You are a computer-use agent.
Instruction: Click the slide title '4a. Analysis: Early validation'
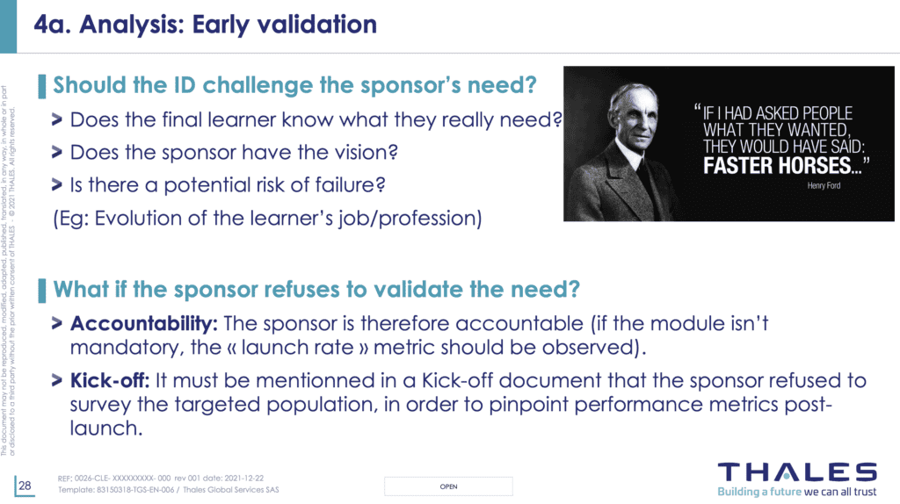click(x=205, y=25)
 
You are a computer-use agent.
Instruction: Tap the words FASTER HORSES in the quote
click(x=777, y=166)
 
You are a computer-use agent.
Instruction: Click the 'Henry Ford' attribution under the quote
click(x=824, y=185)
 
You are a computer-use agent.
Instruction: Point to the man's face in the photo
click(x=634, y=115)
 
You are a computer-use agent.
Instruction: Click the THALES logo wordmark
click(x=797, y=472)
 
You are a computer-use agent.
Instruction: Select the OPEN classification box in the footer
click(x=448, y=486)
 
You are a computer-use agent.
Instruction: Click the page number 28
click(x=25, y=486)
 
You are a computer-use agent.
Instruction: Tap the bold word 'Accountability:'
click(x=143, y=323)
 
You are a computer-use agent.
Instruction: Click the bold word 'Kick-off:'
click(x=110, y=380)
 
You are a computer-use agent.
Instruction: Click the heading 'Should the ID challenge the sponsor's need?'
click(x=294, y=85)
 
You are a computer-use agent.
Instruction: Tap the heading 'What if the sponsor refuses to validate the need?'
click(x=316, y=289)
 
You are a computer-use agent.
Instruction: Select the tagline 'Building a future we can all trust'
click(x=796, y=492)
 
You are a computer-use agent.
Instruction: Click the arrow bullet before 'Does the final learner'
click(x=57, y=119)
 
